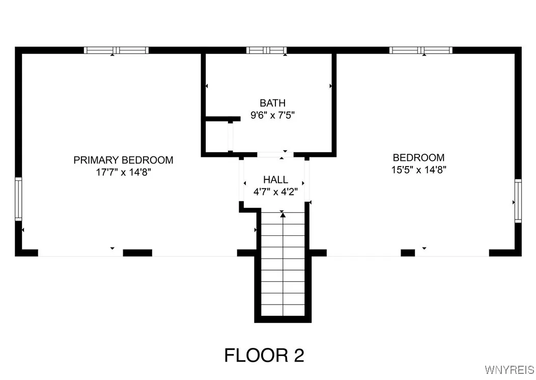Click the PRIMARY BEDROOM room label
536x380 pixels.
[x=123, y=160]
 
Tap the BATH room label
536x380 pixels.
[x=272, y=103]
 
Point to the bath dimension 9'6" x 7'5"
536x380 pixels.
[x=272, y=115]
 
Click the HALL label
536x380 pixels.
[x=275, y=180]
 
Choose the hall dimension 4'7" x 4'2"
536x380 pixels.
[x=275, y=192]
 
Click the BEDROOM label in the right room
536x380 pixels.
[x=418, y=158]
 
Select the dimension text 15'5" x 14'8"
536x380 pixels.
[x=418, y=170]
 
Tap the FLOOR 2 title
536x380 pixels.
[x=264, y=355]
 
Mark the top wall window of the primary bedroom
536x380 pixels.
[x=116, y=50]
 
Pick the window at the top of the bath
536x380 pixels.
[x=267, y=50]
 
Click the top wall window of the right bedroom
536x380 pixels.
[x=421, y=50]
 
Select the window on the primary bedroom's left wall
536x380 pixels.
[x=18, y=198]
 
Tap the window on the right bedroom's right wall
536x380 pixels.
[x=518, y=200]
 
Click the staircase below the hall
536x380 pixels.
[x=283, y=270]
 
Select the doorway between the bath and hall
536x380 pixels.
[x=275, y=154]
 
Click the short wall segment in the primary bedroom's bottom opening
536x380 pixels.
[x=137, y=253]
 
